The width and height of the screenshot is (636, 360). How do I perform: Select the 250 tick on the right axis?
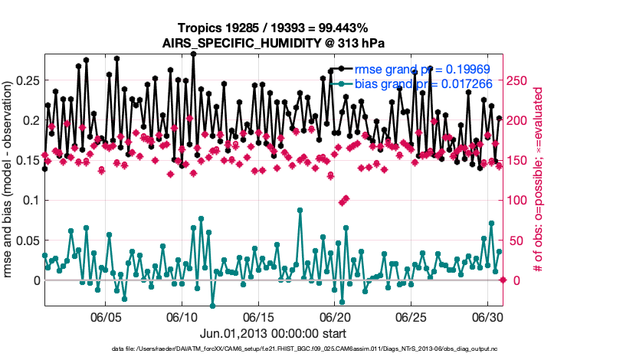pyautogui.click(x=519, y=80)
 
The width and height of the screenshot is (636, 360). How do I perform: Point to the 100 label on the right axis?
pyautogui.click(x=519, y=200)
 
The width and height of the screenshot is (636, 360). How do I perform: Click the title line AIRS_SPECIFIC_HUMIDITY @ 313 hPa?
pyautogui.click(x=274, y=44)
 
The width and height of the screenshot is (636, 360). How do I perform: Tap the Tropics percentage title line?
pyautogui.click(x=274, y=29)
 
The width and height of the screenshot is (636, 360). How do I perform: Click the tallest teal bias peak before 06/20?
pyautogui.click(x=300, y=210)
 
